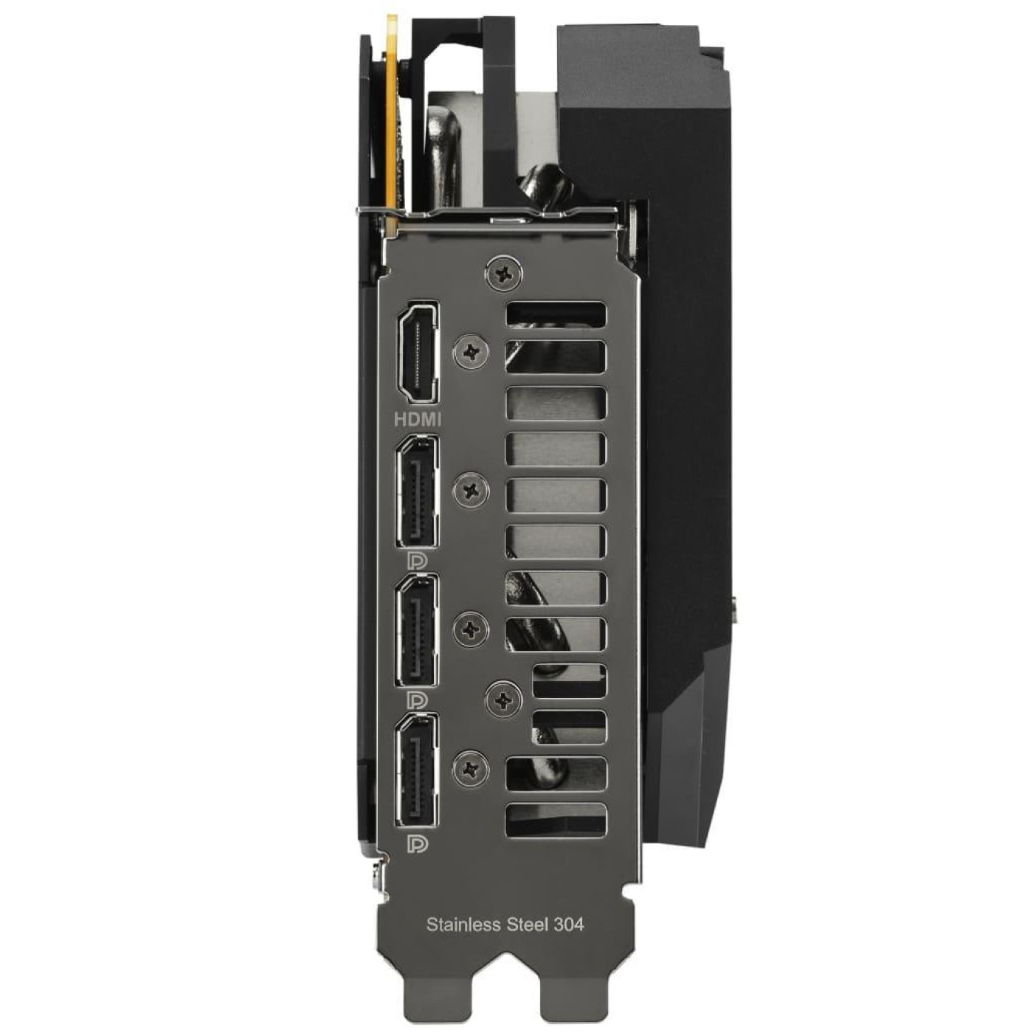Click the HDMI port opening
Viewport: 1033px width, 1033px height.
click(418, 353)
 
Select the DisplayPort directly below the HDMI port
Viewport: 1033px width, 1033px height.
click(418, 491)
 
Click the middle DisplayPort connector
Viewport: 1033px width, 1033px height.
click(418, 631)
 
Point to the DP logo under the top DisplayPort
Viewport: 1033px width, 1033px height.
click(418, 560)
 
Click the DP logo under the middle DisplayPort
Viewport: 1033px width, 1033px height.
click(418, 699)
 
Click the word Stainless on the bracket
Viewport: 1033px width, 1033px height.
click(463, 924)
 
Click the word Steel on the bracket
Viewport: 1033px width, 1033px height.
click(528, 924)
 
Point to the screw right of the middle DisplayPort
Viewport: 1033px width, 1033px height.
click(471, 629)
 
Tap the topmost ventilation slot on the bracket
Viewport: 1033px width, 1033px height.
click(556, 314)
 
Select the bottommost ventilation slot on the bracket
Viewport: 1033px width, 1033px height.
click(556, 819)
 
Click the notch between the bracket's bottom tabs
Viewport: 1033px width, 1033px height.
click(505, 1003)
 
